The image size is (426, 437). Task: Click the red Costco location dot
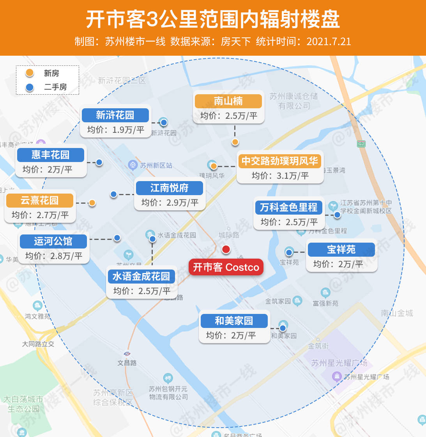pos(226,249)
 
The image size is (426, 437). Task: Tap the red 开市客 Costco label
pos(226,267)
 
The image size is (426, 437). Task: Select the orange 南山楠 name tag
pos(228,101)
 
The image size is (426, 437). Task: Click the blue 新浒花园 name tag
pos(115,115)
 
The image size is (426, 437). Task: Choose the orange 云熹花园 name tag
pos(40,201)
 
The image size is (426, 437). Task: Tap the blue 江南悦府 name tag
pos(170,188)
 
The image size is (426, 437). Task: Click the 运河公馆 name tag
pos(53,241)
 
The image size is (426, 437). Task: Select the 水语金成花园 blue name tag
pos(141,277)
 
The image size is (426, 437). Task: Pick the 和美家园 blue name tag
pos(234,321)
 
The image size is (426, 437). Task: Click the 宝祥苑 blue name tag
pos(341,249)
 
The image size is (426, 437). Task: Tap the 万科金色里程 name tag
pos(288,208)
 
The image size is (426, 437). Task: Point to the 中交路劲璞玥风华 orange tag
pos(279,161)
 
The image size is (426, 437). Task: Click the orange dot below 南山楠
pos(235,142)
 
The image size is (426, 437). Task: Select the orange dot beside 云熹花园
pos(92,203)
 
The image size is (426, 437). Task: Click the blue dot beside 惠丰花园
pos(99,162)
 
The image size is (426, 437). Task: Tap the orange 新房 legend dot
pos(30,73)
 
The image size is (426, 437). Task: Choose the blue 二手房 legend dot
pos(30,87)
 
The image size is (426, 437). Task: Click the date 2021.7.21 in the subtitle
pos(329,42)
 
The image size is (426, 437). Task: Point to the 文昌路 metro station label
pos(127,363)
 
